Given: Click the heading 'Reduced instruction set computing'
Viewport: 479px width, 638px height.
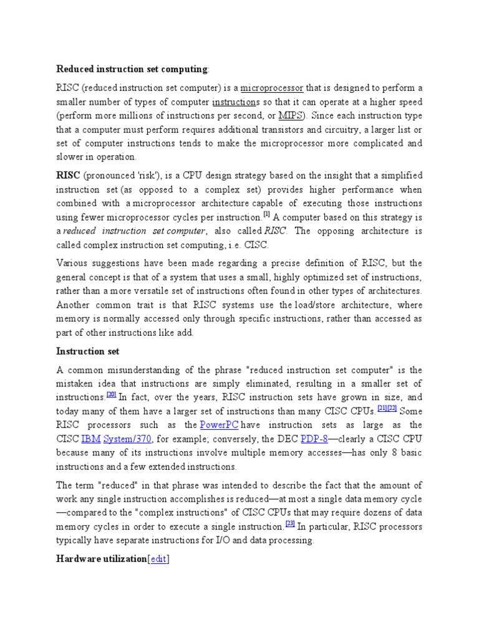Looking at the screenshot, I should pos(132,69).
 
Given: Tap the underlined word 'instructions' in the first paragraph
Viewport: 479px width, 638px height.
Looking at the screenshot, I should pos(235,102).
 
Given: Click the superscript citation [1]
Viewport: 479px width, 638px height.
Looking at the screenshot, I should pos(266,215).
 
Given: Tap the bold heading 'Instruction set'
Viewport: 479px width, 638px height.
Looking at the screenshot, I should pos(88,351).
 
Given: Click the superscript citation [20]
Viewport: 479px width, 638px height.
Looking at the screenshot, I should pos(112,394).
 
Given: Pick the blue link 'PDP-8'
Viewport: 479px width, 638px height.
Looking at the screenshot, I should pos(314,438).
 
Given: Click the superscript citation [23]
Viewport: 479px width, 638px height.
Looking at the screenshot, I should pos(290,524).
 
